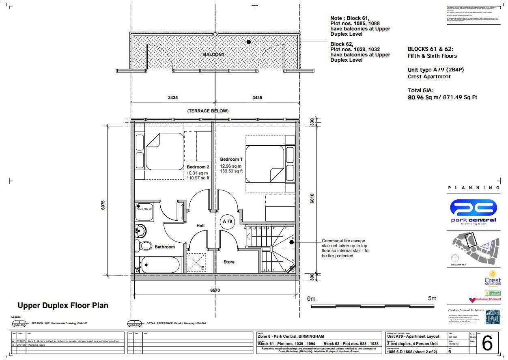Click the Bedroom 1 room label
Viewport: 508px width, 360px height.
click(x=231, y=159)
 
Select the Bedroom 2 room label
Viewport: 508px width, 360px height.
click(x=198, y=167)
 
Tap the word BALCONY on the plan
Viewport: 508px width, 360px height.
click(x=214, y=54)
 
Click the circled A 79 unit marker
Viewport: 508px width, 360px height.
click(x=227, y=222)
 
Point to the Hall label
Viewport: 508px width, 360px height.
click(x=200, y=226)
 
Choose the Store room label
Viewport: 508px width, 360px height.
click(x=229, y=262)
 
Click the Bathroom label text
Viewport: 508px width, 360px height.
click(x=164, y=247)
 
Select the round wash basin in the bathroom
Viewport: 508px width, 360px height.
click(x=140, y=231)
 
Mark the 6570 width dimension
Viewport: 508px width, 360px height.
click(x=215, y=291)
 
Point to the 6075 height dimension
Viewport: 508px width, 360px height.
click(x=103, y=205)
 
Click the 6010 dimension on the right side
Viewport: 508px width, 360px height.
click(x=312, y=198)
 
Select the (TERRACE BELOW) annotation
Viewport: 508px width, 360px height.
click(x=208, y=111)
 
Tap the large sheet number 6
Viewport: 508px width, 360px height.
click(x=487, y=343)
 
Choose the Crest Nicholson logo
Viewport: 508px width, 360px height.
click(x=492, y=279)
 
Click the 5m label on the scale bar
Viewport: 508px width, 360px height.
click(x=432, y=298)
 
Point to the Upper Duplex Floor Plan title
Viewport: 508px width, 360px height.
click(x=63, y=305)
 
